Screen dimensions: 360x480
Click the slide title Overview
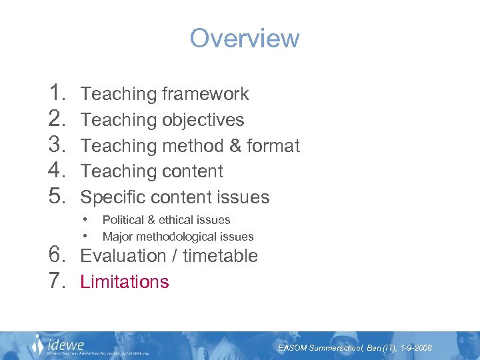(x=245, y=38)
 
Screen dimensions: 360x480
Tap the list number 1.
(x=56, y=93)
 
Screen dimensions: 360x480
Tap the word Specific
(x=113, y=197)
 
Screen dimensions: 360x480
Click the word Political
(x=124, y=220)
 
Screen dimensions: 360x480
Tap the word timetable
(x=220, y=256)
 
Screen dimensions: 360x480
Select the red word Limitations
(x=125, y=282)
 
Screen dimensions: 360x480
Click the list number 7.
(x=56, y=281)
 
